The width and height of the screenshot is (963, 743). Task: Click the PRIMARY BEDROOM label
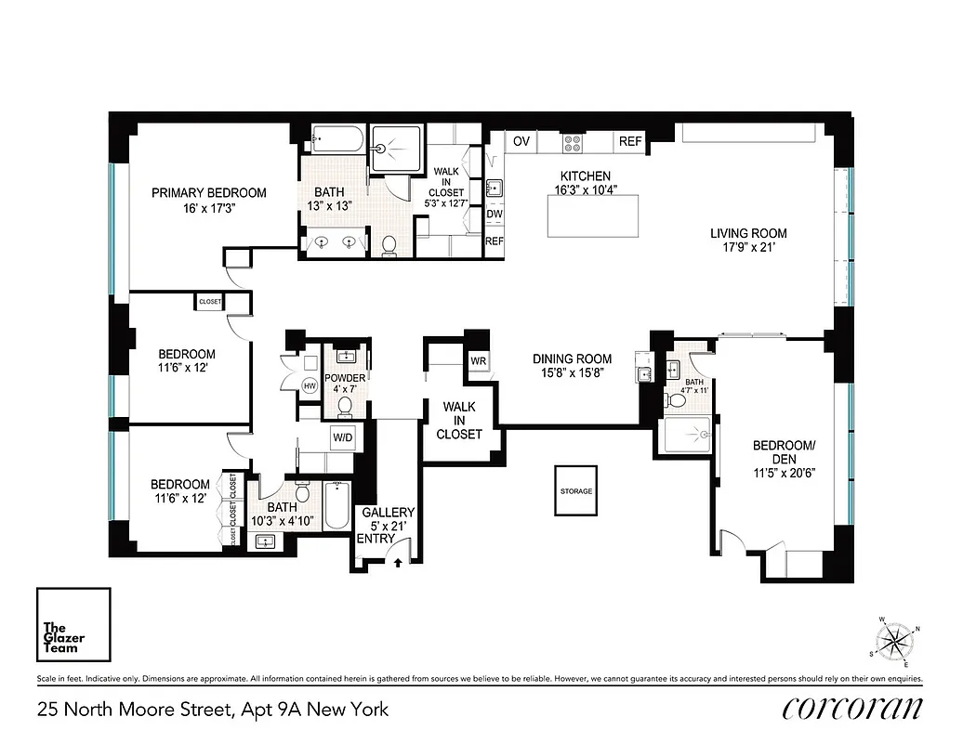tap(209, 193)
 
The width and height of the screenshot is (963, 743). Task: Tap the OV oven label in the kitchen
tap(521, 141)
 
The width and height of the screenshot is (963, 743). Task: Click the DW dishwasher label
tap(495, 214)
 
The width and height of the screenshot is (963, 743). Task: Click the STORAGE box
tap(575, 490)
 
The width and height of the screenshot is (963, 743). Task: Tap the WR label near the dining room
tap(479, 360)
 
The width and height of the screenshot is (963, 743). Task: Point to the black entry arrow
tap(398, 561)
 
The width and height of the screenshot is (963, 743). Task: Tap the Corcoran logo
tap(852, 709)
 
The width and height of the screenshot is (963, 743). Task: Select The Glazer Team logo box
tap(73, 625)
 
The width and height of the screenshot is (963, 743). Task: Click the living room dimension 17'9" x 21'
tap(748, 248)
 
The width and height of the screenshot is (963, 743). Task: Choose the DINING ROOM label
tap(572, 358)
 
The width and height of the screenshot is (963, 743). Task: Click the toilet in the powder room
tap(346, 405)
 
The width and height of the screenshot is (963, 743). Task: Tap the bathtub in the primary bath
tap(336, 140)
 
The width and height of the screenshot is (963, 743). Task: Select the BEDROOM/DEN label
tap(784, 452)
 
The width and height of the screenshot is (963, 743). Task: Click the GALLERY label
tap(389, 513)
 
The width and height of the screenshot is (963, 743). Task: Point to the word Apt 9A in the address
tap(258, 710)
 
